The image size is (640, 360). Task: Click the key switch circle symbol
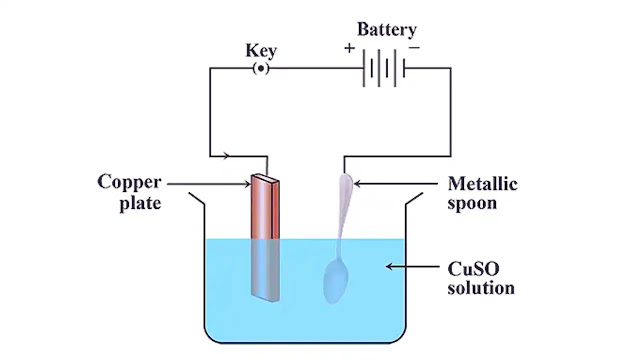[x=260, y=68]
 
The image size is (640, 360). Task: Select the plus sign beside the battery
[x=349, y=48]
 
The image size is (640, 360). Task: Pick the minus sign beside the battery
[x=414, y=48]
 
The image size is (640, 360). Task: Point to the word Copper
[x=130, y=182]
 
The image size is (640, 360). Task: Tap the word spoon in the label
[x=474, y=203]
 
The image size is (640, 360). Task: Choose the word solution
[x=481, y=288]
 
